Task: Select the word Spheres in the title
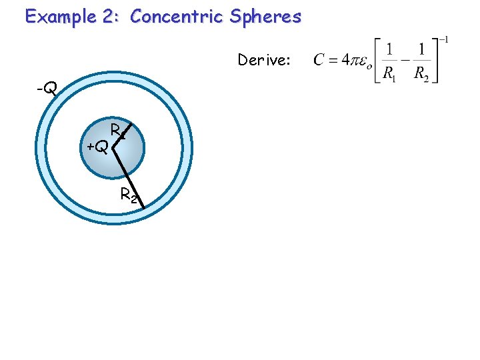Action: point(267,17)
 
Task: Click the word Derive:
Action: point(264,61)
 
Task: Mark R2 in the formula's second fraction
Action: point(421,75)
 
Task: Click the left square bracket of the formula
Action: point(378,61)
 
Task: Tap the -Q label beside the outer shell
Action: point(46,87)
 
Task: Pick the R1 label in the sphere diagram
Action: point(119,130)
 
